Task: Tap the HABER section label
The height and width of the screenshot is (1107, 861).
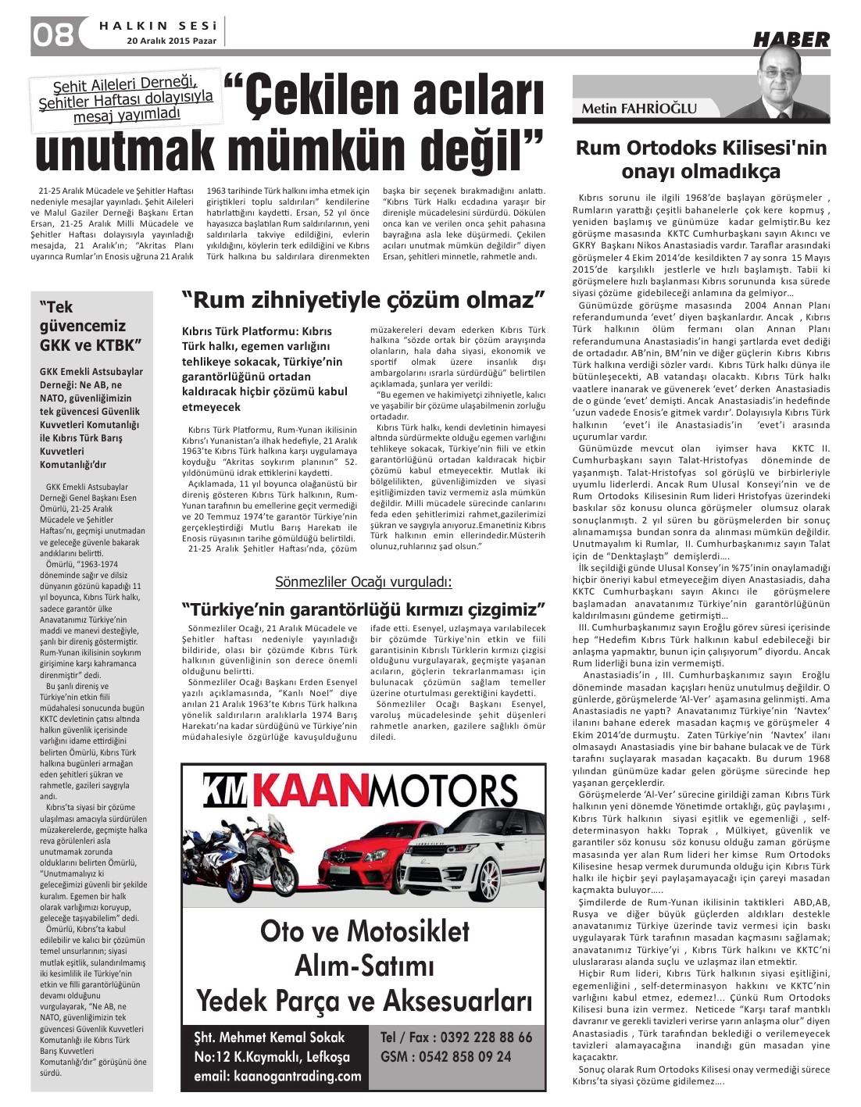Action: coord(791,39)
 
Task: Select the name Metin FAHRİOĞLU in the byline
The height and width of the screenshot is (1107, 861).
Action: coord(638,109)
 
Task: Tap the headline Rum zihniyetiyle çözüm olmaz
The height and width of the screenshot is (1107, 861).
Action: coord(363,299)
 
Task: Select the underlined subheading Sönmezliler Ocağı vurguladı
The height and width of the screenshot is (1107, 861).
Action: coord(363,582)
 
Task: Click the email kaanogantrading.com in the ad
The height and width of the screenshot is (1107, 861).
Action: coord(277,1076)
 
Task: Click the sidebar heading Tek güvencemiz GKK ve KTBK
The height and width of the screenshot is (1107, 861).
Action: coord(91,326)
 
